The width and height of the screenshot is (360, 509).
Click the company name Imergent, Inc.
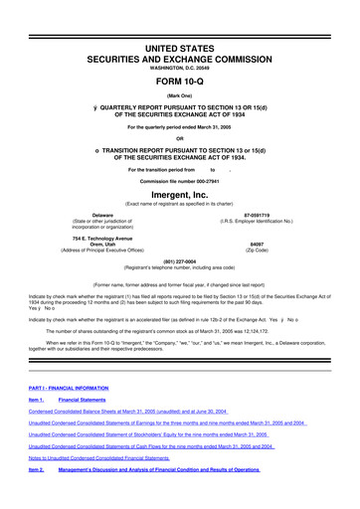tap(179, 197)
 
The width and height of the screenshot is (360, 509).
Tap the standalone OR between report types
tap(179, 137)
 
